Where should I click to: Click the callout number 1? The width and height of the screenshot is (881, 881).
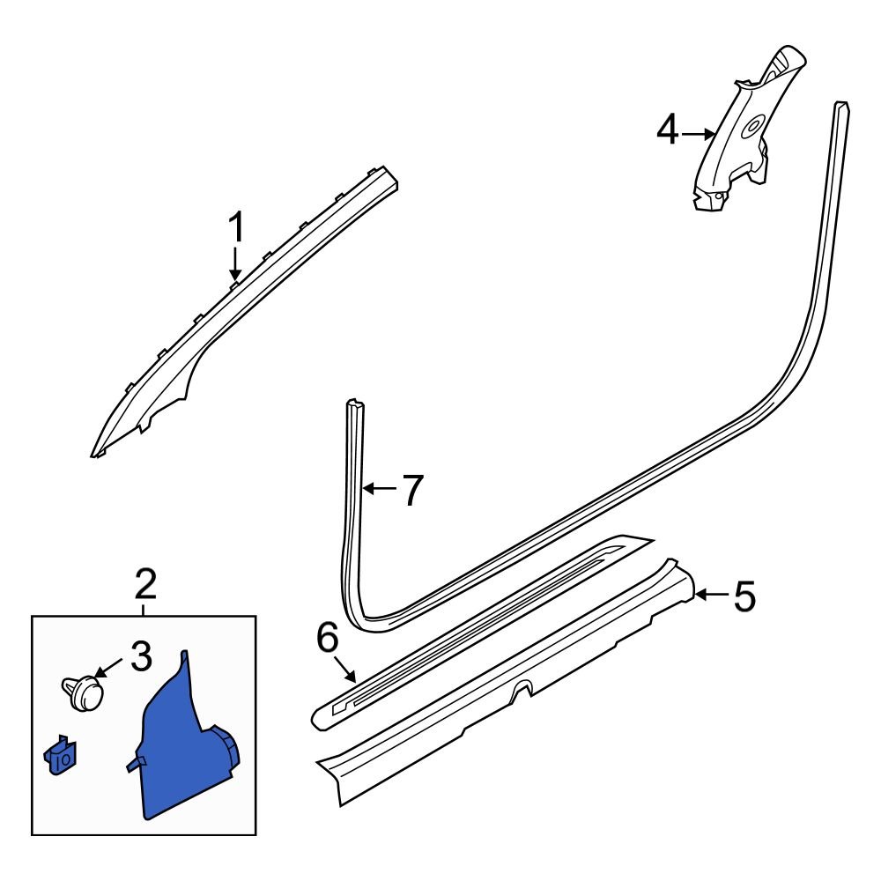pos(237,227)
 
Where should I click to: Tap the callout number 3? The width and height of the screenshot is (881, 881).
pos(141,656)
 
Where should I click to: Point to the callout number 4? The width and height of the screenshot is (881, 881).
pos(668,130)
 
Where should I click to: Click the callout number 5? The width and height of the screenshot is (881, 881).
pos(744,596)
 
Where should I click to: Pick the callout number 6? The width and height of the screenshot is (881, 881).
pos(328,638)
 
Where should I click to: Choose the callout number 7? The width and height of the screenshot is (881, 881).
pos(413,490)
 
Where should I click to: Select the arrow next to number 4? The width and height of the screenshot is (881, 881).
pos(698,134)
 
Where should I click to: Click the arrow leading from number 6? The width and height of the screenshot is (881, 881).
pos(344,670)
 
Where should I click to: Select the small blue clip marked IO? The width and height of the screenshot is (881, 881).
pos(61,756)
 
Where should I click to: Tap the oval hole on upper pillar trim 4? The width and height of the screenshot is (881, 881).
pos(752,126)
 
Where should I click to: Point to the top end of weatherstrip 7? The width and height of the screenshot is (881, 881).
pos(355,403)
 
